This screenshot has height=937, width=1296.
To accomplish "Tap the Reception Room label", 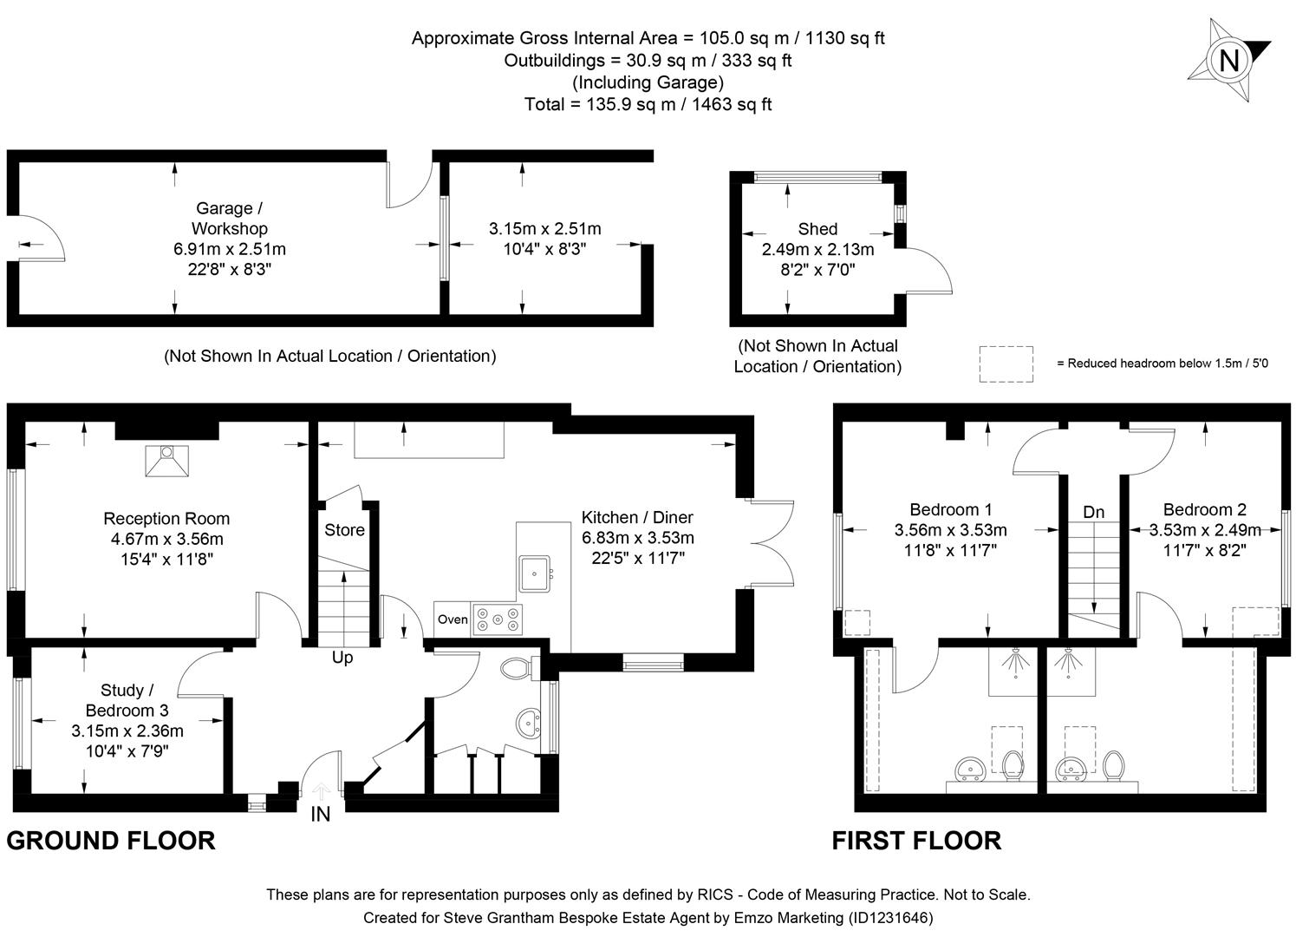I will (x=166, y=519).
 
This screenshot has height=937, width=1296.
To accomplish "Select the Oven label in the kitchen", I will (x=453, y=619).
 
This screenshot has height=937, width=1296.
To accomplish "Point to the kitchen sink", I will (x=535, y=572).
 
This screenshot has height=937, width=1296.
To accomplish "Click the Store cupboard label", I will (x=344, y=530).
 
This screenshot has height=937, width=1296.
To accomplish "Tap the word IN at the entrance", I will (x=321, y=815).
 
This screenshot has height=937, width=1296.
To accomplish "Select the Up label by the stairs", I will (x=342, y=658).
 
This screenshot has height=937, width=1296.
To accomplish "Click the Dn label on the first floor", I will (x=1094, y=512).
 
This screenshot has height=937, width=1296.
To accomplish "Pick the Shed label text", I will (x=817, y=229).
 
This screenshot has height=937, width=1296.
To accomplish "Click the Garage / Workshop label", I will (x=229, y=219).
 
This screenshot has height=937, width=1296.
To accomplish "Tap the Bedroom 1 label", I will (x=951, y=509).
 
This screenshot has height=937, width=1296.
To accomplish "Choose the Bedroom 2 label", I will (x=1204, y=509).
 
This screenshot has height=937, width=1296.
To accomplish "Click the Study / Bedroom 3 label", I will (x=127, y=700).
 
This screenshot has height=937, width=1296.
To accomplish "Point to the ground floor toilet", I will (x=518, y=668).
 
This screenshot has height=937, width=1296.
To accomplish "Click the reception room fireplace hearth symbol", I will (x=166, y=460).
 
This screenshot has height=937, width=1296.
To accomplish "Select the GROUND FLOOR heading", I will (x=111, y=841).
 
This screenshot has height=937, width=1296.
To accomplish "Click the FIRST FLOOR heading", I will (x=916, y=841).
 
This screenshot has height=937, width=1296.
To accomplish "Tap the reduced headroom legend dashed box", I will (x=1006, y=364).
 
